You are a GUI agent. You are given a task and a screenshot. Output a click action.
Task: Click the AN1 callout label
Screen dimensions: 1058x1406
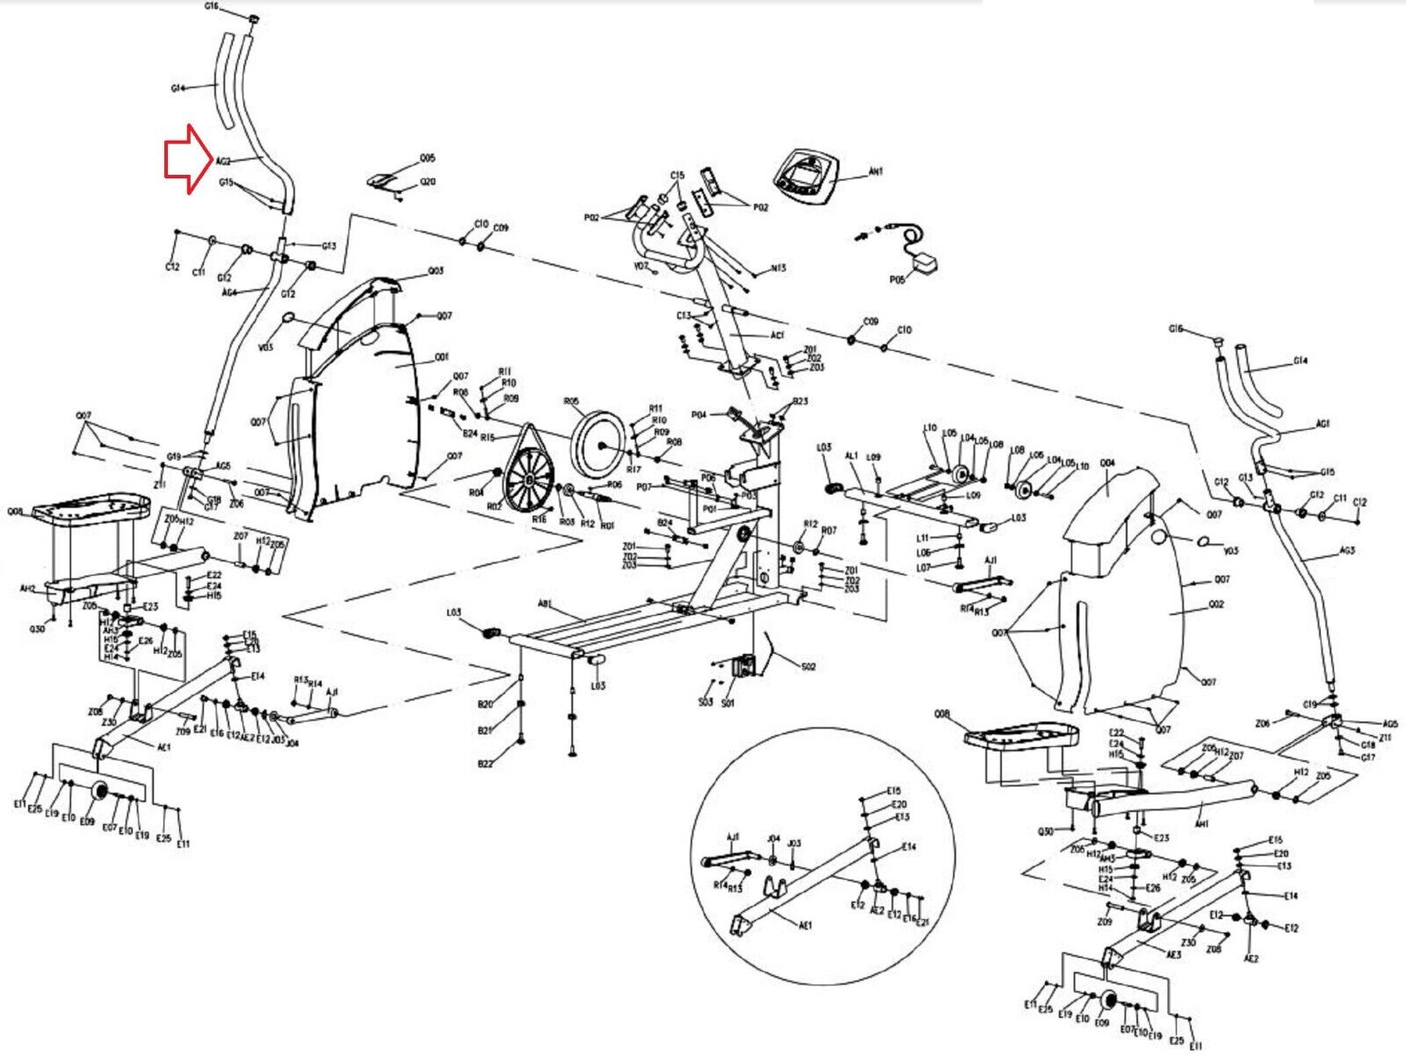[875, 172]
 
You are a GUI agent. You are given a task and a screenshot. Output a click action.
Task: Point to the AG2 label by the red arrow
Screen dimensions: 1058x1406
[223, 162]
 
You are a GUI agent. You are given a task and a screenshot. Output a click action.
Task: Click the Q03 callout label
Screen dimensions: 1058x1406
[436, 271]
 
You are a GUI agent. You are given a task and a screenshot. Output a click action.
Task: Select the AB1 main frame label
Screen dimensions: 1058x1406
[546, 605]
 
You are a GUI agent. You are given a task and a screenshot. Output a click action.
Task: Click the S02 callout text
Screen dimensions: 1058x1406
[808, 666]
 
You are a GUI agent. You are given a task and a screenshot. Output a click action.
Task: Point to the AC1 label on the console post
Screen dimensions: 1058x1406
[778, 336]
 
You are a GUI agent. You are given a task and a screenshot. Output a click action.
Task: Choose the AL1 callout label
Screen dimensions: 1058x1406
[852, 456]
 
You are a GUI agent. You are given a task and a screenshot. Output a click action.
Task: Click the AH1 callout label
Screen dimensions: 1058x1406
[1202, 824]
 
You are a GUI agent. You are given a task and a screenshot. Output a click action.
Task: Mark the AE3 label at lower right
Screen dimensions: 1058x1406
[1174, 954]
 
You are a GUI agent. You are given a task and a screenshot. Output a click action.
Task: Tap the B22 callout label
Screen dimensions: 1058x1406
[485, 765]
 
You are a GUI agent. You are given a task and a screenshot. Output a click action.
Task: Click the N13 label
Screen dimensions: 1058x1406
[778, 269]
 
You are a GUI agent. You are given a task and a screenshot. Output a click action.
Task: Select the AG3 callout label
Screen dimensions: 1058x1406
[1347, 551]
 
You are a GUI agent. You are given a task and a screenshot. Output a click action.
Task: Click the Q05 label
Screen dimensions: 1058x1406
[427, 159]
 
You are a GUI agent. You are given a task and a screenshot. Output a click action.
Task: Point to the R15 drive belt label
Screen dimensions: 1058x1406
[488, 438]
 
